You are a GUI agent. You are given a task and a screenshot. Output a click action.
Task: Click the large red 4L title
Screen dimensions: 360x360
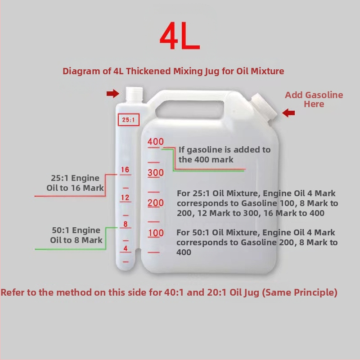[180, 36]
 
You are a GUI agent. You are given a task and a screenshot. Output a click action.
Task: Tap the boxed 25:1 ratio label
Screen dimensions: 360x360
[129, 120]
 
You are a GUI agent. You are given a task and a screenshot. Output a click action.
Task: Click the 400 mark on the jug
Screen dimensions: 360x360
[156, 142]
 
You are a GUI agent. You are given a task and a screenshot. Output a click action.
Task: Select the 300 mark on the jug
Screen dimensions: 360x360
[156, 173]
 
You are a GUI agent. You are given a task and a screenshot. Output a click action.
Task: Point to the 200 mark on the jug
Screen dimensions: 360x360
[156, 203]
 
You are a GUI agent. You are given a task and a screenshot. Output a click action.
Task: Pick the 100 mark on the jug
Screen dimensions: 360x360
[156, 233]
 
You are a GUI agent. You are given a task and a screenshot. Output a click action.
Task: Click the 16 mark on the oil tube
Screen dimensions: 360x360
[125, 170]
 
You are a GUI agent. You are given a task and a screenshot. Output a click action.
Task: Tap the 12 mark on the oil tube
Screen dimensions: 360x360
[125, 198]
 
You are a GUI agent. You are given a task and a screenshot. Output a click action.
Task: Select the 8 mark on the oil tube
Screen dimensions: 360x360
[126, 224]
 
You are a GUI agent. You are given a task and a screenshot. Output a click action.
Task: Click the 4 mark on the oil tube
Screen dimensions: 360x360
[126, 248]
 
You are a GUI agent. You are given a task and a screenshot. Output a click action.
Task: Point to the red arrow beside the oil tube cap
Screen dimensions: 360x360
[113, 94]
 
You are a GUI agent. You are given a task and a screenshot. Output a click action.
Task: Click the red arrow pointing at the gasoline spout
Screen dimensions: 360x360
[288, 113]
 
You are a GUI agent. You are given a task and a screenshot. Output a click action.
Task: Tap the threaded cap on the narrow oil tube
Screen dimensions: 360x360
[134, 94]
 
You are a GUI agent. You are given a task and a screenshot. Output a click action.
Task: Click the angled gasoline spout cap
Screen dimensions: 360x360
[265, 107]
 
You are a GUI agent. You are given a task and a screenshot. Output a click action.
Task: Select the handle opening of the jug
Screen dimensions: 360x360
[189, 109]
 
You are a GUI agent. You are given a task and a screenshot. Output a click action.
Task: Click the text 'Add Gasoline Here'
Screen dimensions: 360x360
[314, 99]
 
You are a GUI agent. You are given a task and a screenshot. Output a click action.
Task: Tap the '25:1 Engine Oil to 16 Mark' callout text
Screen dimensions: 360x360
[75, 183]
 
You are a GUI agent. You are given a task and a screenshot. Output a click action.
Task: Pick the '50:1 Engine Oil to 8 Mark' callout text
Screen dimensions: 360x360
[76, 235]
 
